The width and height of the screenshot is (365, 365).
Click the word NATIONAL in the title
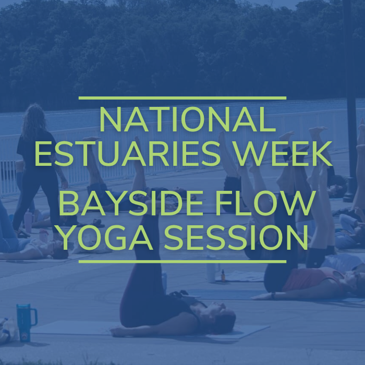pyautogui.click(x=188, y=119)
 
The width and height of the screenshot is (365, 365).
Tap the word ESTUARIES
pyautogui.click(x=127, y=154)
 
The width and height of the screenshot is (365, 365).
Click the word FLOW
pyautogui.click(x=265, y=203)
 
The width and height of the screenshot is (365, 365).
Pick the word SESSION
pyautogui.click(x=236, y=237)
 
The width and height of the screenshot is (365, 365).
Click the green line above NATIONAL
pyautogui.click(x=182, y=98)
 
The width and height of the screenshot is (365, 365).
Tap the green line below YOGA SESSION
pyautogui.click(x=182, y=262)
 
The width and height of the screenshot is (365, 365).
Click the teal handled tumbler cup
pyautogui.click(x=25, y=323)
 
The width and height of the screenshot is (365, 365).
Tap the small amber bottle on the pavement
pyautogui.click(x=223, y=276)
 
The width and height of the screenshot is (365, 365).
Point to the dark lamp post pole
pyautogui.click(x=350, y=100)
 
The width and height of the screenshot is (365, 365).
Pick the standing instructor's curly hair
pyautogui.click(x=34, y=121)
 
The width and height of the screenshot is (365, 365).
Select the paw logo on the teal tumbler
pyautogui.click(x=25, y=336)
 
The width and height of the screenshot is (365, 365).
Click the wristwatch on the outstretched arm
pyautogui.click(x=273, y=296)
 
